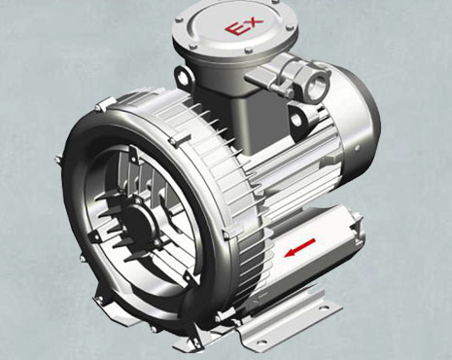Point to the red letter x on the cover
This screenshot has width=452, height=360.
coord(249,20)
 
